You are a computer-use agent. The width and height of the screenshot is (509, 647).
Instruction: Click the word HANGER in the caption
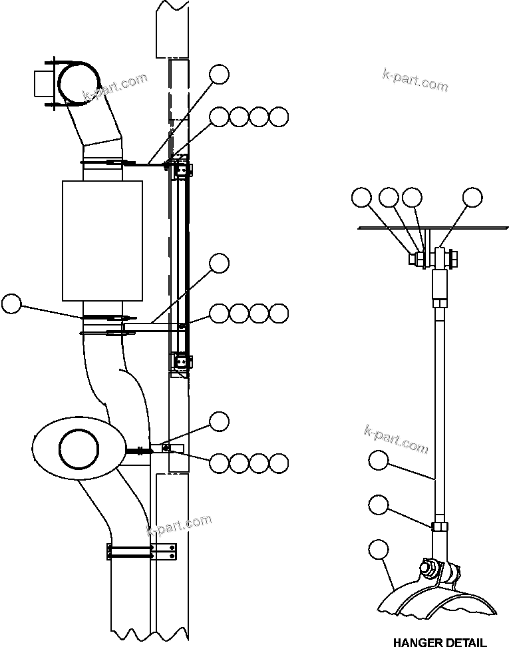pyautogui.click(x=417, y=642)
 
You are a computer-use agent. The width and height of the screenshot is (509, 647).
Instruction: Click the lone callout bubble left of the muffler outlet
pyautogui.click(x=11, y=304)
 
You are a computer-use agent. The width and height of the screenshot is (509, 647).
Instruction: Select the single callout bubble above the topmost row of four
pyautogui.click(x=219, y=75)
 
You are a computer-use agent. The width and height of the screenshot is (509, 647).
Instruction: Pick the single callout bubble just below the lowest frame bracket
pyautogui.click(x=219, y=421)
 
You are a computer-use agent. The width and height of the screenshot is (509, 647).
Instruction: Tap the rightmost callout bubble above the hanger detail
pyautogui.click(x=472, y=197)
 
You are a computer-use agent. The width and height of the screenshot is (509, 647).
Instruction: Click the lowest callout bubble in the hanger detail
pyautogui.click(x=378, y=550)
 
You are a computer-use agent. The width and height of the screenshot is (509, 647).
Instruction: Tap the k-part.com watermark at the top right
pyautogui.click(x=415, y=80)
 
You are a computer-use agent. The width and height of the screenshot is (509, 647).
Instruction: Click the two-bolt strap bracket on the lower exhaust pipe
pyautogui.click(x=141, y=551)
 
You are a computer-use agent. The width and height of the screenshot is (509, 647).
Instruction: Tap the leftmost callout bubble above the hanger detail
pyautogui.click(x=361, y=197)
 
